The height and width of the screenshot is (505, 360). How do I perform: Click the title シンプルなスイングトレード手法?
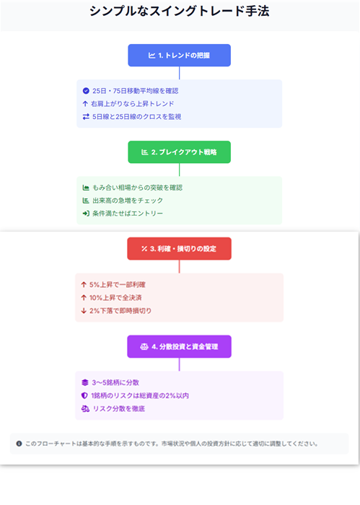coord(180,12)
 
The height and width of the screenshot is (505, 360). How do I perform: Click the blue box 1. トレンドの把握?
coord(180,56)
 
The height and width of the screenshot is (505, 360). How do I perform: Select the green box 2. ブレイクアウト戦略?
coord(180,152)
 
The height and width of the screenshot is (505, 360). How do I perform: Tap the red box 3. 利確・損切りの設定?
coord(180,249)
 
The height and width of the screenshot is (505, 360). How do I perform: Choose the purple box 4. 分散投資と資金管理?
coord(180,346)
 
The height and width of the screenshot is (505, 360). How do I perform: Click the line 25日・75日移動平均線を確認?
coord(135,91)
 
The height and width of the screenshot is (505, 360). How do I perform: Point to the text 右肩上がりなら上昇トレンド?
coord(132,104)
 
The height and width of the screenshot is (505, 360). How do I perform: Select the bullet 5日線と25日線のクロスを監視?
coord(136,117)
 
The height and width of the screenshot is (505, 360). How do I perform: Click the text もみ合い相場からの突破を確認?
coord(138,188)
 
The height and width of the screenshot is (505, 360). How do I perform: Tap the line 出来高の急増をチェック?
coord(128,201)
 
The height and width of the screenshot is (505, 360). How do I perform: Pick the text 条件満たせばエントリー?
coord(128,214)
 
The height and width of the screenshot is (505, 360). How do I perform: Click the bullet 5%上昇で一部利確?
coord(117,285)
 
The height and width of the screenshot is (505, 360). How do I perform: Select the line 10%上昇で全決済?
coord(115,297)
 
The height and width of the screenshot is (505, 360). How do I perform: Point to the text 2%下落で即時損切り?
coord(120,311)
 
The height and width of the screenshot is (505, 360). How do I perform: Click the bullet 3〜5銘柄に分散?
coord(115,382)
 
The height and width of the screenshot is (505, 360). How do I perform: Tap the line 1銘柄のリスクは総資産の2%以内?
coord(140,395)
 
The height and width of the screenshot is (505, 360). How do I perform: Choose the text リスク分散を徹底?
coord(119,409)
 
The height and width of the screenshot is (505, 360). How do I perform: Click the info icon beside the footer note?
coord(19,444)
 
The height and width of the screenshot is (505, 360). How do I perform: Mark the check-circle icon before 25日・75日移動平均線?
coord(86,91)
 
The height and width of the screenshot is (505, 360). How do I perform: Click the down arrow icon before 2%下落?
coord(84,311)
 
